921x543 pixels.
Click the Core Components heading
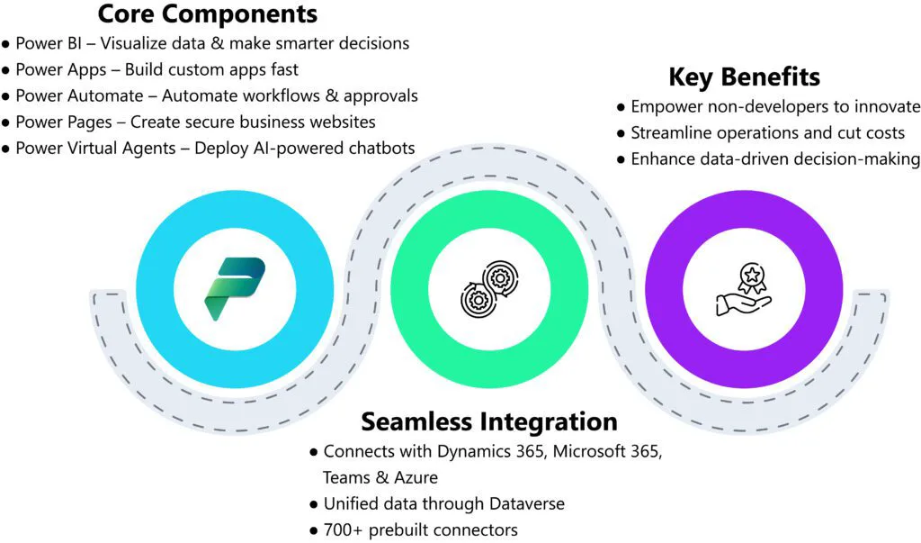pyautogui.click(x=207, y=14)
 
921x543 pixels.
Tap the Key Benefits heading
pyautogui.click(x=744, y=76)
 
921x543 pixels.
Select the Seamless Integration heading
pyautogui.click(x=489, y=421)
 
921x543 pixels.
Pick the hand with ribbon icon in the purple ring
pyautogui.click(x=742, y=290)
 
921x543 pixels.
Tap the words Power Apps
pyautogui.click(x=56, y=69)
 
